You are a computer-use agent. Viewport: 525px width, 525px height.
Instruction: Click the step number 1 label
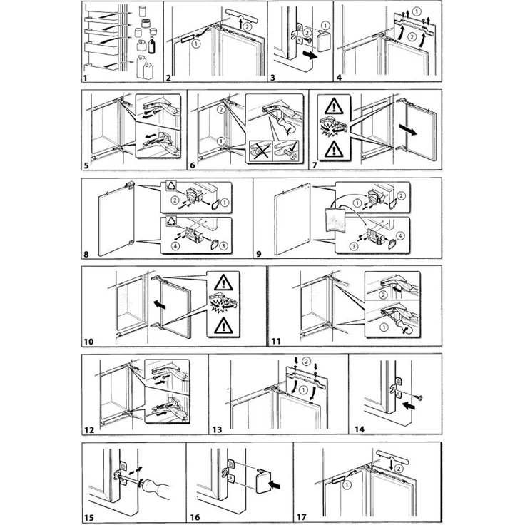[x=85, y=78]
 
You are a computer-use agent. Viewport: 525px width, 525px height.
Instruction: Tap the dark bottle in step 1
[x=152, y=45]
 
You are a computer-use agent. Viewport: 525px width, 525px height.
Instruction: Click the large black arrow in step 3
[x=310, y=55]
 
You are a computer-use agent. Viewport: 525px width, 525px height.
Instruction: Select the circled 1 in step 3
[x=325, y=26]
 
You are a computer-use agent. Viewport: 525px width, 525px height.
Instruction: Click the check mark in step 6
[x=292, y=146]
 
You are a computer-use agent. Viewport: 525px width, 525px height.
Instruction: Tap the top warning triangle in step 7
[x=334, y=107]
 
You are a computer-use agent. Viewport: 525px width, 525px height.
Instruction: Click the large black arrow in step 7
[x=408, y=130]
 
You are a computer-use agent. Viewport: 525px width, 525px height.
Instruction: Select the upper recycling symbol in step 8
[x=171, y=186]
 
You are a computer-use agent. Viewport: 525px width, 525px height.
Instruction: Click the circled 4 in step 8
[x=175, y=246]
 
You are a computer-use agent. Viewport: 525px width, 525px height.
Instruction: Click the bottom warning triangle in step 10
[x=223, y=326]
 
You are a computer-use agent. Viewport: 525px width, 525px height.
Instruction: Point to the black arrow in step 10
[x=160, y=305]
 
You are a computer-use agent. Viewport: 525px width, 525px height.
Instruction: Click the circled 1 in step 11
[x=384, y=327]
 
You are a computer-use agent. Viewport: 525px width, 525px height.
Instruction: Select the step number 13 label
[x=217, y=429]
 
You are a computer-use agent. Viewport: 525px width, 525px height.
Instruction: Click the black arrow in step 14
[x=409, y=406]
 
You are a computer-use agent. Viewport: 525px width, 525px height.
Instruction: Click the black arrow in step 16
[x=276, y=484]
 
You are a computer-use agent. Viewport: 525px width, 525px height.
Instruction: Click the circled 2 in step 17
[x=398, y=469]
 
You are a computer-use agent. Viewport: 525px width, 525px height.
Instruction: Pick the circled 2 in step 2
[x=247, y=26]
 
